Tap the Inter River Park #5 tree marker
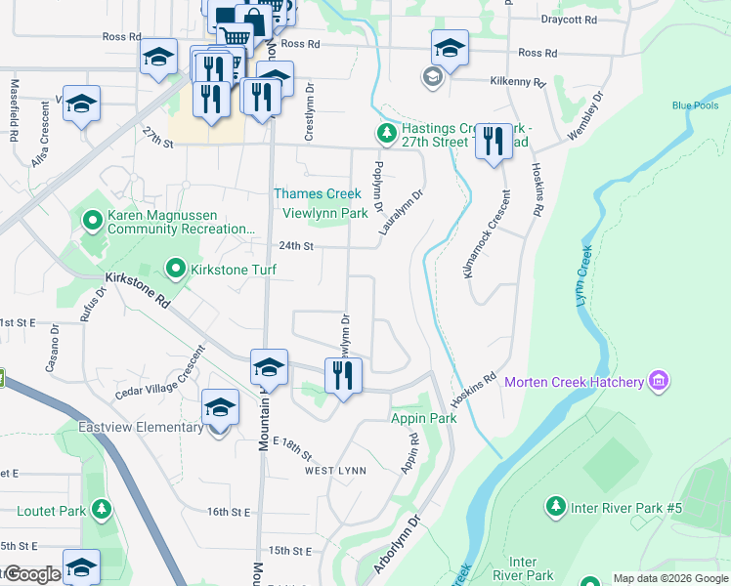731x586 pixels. point(555,507)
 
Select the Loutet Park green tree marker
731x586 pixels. point(101,510)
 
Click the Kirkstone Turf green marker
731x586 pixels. point(176,268)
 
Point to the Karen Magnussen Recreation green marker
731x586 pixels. point(93,221)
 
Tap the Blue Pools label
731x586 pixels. point(695,106)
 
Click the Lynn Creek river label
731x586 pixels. point(584,275)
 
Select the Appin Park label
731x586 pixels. point(424,418)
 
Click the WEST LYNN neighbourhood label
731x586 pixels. point(335,471)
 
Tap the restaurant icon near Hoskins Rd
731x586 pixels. point(494,141)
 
